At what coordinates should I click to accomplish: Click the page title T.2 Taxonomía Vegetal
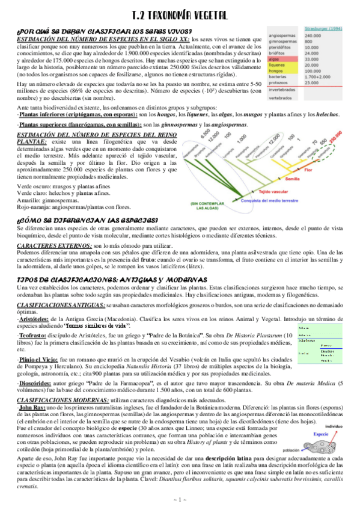[180, 19]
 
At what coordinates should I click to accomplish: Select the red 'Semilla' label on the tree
[293, 179]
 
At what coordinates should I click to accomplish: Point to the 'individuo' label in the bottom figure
[343, 424]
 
